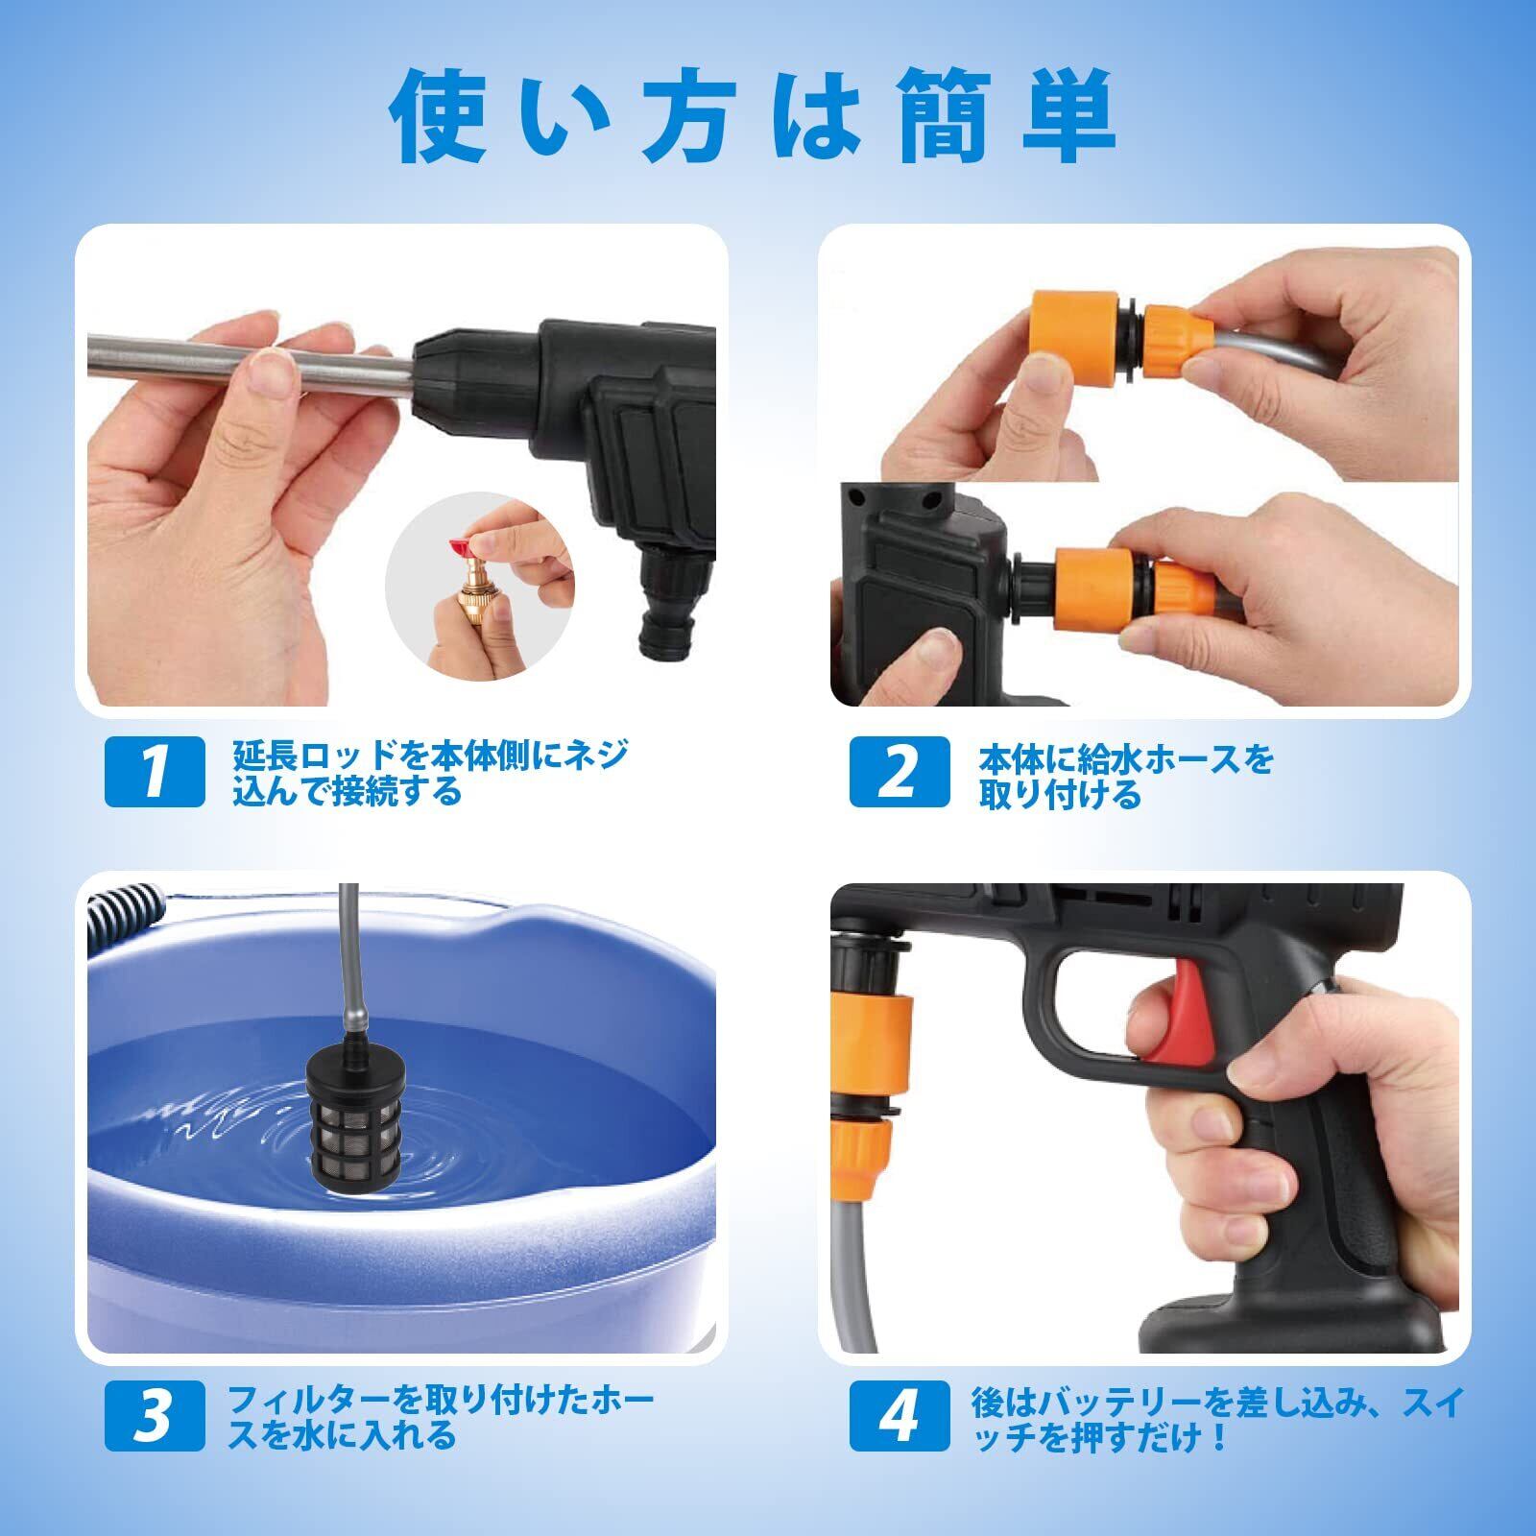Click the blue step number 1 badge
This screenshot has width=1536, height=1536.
pos(155,771)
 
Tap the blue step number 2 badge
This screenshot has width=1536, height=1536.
pos(900,771)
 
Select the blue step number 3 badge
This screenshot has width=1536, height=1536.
pos(155,1416)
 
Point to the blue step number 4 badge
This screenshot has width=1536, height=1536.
pos(900,1416)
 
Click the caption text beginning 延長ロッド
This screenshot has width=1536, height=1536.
pos(430,772)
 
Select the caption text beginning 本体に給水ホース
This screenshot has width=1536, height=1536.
pos(1126,776)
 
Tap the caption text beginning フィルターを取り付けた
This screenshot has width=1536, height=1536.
pos(441,1417)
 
